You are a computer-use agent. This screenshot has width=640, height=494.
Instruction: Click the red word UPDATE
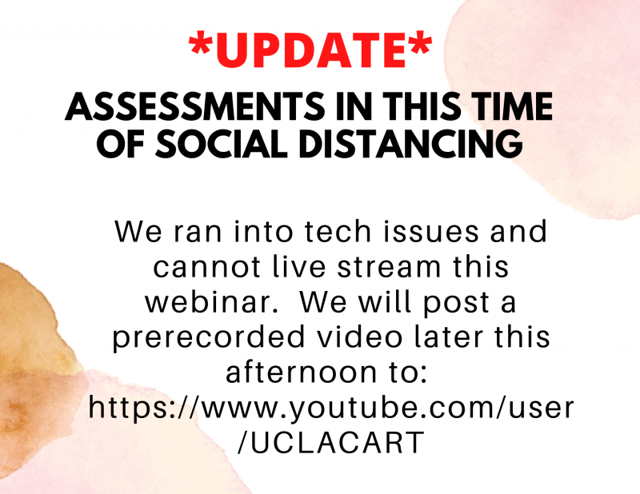(x=311, y=50)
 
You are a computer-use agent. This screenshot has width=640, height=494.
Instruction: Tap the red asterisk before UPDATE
(x=200, y=44)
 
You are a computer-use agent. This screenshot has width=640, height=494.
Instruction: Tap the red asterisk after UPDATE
(x=421, y=44)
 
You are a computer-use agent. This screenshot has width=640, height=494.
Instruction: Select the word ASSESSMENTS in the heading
(x=195, y=106)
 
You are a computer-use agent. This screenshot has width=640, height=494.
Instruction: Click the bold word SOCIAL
(x=222, y=144)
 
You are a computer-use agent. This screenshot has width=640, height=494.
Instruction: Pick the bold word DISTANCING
(x=411, y=144)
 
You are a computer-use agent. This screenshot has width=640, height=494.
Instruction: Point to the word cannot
(x=207, y=267)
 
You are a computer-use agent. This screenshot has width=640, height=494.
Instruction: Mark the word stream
(x=390, y=267)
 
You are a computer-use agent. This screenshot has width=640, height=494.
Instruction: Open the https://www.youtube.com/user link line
(x=331, y=408)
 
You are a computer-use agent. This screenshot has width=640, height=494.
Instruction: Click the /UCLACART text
(x=331, y=443)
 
